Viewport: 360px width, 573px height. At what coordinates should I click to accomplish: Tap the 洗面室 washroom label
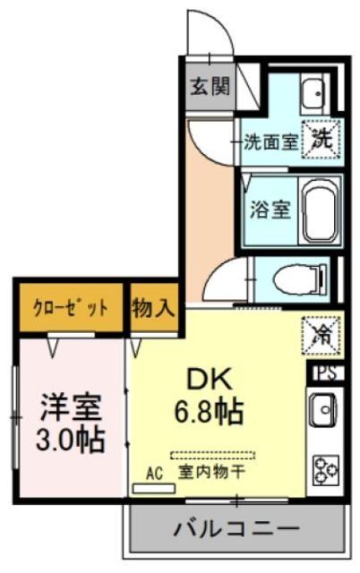click(270, 141)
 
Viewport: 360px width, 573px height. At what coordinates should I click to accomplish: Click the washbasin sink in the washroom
click(313, 92)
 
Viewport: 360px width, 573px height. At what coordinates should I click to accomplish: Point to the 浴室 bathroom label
click(269, 210)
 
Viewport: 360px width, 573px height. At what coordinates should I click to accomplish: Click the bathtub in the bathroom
click(318, 212)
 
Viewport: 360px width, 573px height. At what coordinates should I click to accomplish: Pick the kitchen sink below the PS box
click(323, 412)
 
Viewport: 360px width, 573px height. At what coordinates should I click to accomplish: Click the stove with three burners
click(324, 470)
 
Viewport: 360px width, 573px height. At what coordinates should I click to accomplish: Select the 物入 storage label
click(154, 309)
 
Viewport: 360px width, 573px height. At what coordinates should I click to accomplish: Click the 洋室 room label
click(72, 406)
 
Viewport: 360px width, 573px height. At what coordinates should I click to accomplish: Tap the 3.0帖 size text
click(72, 439)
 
